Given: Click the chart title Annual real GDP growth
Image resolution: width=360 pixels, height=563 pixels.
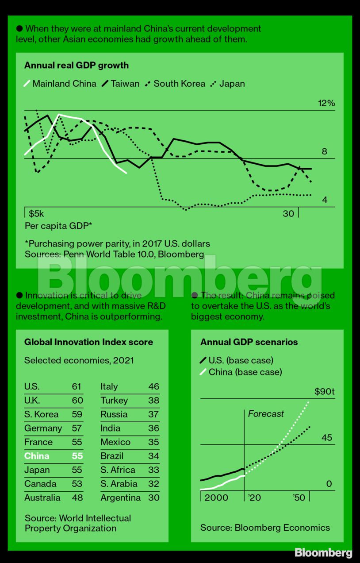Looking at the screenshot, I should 77,66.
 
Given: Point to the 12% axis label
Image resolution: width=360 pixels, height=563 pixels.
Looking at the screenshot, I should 326,104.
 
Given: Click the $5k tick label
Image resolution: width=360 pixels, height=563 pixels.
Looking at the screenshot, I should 36,214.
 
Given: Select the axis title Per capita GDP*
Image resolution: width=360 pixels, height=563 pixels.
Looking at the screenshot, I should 58,226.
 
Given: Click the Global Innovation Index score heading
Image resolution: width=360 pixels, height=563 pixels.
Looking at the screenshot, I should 88,342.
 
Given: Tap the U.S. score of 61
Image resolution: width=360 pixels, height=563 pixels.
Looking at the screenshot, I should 77,386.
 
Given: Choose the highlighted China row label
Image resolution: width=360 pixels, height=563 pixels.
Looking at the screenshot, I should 37,456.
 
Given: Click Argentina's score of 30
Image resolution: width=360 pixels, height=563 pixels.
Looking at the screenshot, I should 153,497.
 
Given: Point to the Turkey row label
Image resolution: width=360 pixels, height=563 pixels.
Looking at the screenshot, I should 114,401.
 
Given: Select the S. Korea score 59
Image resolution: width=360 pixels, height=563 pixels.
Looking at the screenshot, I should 77,414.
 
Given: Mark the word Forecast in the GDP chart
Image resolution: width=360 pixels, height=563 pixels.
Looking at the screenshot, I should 266,414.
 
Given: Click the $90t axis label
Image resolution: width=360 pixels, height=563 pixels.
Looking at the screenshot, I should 324,392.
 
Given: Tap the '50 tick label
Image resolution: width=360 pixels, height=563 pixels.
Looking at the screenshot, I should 299,497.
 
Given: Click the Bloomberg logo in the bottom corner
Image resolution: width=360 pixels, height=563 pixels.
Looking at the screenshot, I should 323,553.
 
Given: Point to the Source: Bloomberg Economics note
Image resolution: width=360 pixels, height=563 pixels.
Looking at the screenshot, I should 265,528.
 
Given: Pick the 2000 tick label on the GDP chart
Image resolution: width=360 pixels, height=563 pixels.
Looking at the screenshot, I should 216,497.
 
